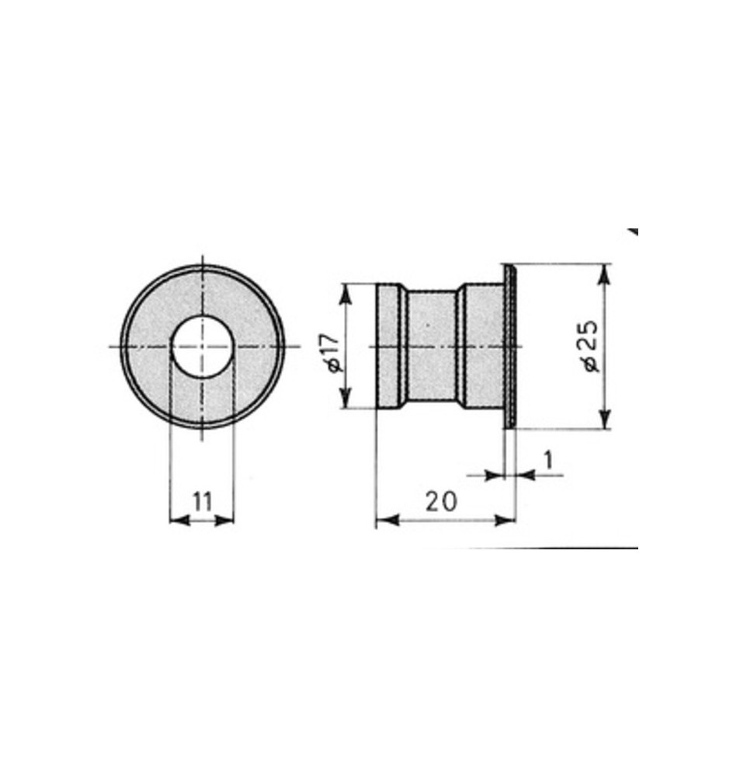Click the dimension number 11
[202, 501]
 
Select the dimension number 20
[441, 501]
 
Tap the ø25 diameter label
[590, 346]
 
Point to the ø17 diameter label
[332, 352]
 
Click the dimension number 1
[547, 460]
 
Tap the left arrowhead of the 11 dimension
[179, 521]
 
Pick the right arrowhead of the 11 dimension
[224, 521]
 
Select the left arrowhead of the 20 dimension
[387, 520]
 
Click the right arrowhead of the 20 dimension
[505, 520]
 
